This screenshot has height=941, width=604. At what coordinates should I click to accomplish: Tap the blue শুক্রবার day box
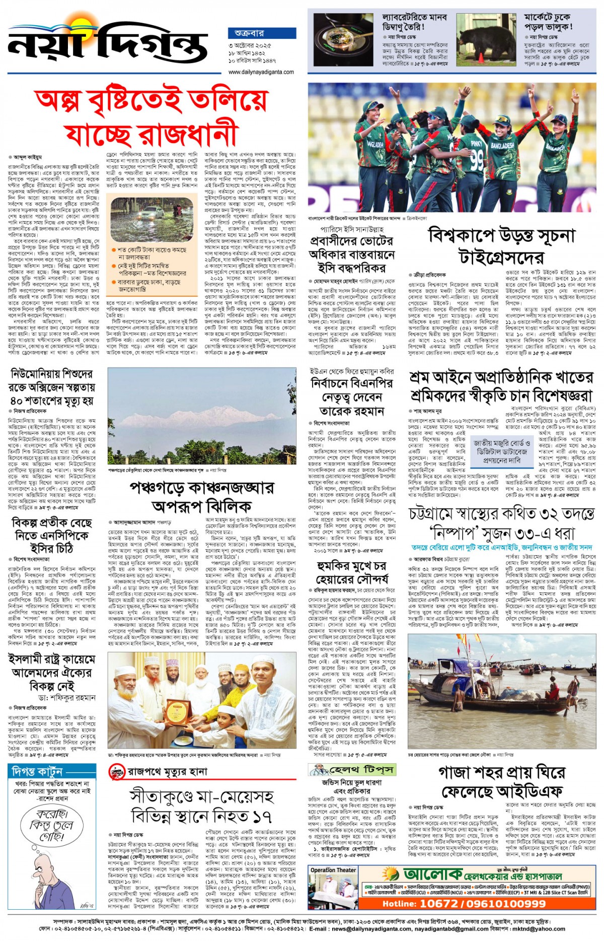(x=249, y=33)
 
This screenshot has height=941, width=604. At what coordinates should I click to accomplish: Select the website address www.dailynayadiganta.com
(x=261, y=72)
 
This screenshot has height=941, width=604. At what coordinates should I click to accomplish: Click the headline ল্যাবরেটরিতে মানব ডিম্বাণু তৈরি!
(x=414, y=22)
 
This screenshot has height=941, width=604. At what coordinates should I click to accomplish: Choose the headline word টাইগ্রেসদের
(x=501, y=257)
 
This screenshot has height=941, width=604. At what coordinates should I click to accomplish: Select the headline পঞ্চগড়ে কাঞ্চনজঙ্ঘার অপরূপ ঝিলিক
(x=201, y=496)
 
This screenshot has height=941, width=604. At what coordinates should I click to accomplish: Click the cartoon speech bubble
(x=52, y=826)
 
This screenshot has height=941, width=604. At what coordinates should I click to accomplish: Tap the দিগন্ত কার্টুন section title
(x=37, y=772)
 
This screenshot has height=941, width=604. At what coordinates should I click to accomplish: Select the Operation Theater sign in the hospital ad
(x=333, y=870)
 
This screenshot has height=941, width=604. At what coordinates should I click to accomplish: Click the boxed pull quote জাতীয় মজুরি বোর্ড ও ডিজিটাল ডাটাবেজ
(x=501, y=451)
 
